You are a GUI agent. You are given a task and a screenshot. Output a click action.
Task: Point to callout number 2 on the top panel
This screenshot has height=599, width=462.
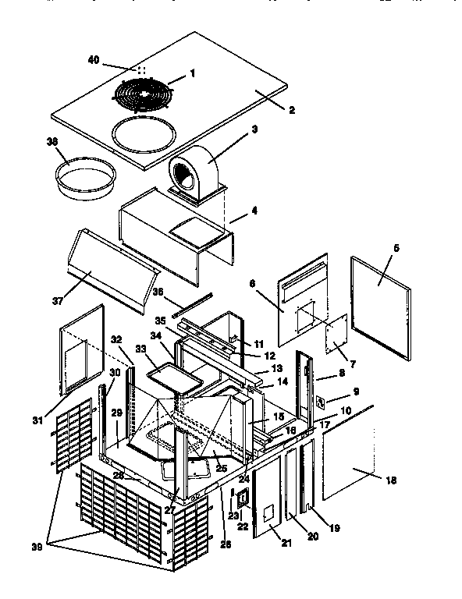click(291, 109)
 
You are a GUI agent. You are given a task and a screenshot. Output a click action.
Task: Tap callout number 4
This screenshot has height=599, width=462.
click(254, 210)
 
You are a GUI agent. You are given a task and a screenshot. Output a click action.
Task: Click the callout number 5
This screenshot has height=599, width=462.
click(396, 248)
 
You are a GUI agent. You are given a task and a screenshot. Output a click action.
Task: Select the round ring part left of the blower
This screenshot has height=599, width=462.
click(86, 178)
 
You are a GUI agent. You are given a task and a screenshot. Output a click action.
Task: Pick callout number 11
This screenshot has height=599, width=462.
click(260, 343)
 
